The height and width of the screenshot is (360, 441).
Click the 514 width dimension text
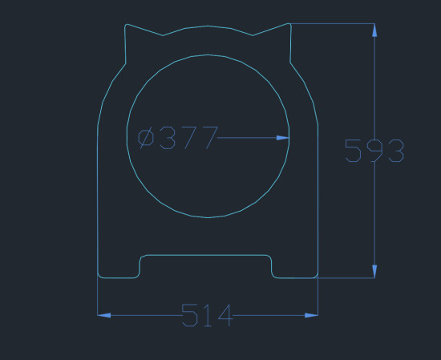tap(208, 315)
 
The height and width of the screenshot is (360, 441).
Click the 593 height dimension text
tap(374, 151)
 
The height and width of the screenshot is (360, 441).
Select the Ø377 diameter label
tap(178, 138)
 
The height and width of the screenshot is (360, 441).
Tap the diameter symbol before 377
tap(146, 138)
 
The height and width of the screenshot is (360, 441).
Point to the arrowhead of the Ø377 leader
tap(283, 138)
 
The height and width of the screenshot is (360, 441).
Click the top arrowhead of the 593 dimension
tap(374, 30)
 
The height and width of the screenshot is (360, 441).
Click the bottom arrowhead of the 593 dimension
tap(374, 272)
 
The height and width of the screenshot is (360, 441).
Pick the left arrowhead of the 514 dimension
tap(104, 315)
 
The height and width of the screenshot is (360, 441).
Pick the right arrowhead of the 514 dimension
tap(311, 315)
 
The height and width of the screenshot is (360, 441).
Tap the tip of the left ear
tap(127, 25)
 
